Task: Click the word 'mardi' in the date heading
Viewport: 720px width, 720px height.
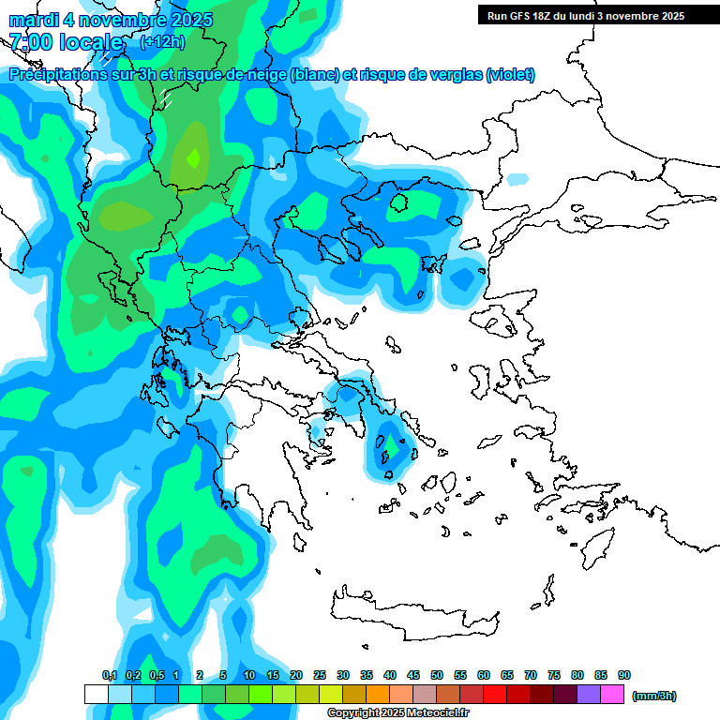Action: point(33,20)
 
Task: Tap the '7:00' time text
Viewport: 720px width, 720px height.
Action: point(30,42)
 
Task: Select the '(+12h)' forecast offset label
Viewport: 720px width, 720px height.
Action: point(162,42)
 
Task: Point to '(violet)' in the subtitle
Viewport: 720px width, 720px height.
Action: point(510,75)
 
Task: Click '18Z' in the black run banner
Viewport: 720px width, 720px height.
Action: point(544,16)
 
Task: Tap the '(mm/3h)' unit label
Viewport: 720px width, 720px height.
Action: point(653,696)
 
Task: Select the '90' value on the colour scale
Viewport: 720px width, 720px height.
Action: point(624,676)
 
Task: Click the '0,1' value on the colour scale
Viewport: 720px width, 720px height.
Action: point(109,676)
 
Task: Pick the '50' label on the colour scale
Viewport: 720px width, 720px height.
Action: point(437,676)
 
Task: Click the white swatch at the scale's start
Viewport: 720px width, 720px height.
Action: point(97,695)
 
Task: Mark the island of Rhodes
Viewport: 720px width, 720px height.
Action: point(596,544)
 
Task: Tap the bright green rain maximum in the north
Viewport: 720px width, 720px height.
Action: point(194,157)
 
